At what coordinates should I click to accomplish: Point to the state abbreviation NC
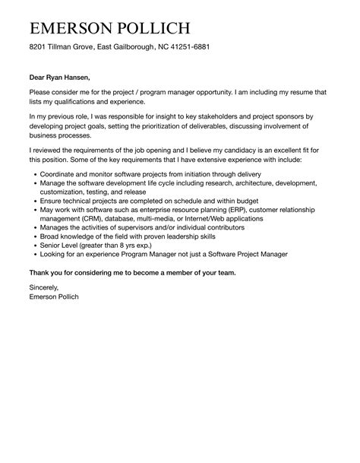point(156,47)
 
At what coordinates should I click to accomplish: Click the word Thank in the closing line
point(41,272)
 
